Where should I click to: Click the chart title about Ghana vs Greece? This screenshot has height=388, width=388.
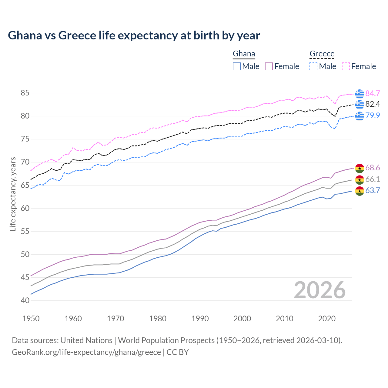tap(134, 35)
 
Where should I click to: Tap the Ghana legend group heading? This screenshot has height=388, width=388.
tap(244, 54)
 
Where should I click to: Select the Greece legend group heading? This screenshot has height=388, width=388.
tap(322, 54)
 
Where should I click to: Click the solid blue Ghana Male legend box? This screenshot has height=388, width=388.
tap(237, 66)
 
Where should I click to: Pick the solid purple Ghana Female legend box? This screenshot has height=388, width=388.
tap(269, 66)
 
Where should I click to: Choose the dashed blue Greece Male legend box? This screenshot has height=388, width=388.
tap(313, 66)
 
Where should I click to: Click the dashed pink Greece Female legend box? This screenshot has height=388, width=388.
tap(346, 66)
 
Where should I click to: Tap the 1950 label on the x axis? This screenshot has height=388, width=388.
tap(31, 319)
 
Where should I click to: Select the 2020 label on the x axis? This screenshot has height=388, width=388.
tap(327, 319)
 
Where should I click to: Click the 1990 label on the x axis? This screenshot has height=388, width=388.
tap(200, 319)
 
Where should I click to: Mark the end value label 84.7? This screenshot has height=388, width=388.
tap(373, 93)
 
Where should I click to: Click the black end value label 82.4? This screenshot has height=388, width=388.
tap(373, 104)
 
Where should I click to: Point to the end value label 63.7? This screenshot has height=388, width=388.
tap(373, 191)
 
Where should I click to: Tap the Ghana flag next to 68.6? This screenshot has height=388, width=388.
tap(360, 168)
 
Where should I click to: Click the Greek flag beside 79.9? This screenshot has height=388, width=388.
tap(360, 115)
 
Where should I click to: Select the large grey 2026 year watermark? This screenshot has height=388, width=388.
tap(320, 290)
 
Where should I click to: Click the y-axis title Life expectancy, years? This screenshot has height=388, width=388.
tap(13, 194)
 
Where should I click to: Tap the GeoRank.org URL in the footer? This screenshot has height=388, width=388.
tap(86, 352)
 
